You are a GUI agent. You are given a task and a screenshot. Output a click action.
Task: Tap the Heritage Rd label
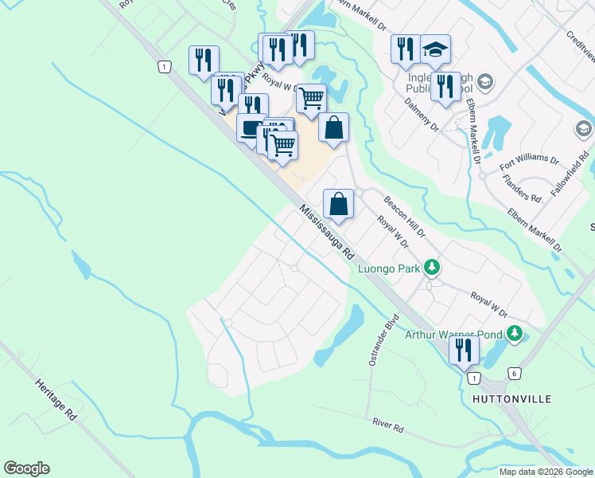55,399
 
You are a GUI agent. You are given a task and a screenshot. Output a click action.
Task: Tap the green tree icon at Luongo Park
432,267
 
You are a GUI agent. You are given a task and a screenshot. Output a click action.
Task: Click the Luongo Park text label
389,268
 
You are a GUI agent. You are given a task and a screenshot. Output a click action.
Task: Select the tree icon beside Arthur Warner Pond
515,332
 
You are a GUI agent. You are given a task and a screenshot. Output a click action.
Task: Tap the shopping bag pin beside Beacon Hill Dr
339,203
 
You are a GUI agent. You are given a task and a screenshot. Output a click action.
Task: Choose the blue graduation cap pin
435,49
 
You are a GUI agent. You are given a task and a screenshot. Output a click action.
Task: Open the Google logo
26,468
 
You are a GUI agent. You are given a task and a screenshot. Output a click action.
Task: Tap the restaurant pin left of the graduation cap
406,49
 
